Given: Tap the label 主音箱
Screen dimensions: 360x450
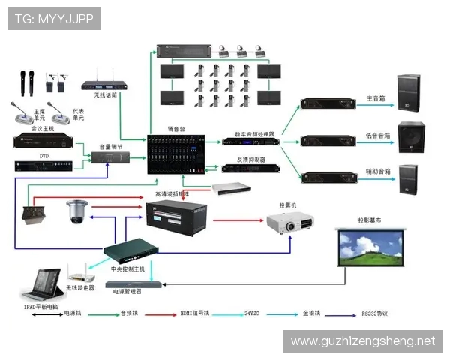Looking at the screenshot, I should click(376, 98).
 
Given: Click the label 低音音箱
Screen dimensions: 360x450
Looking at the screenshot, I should click(377, 136).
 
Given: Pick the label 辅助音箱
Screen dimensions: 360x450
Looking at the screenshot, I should click(378, 172).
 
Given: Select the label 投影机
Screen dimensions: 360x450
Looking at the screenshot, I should click(288, 204).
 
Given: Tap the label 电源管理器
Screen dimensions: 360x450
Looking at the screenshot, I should click(127, 290).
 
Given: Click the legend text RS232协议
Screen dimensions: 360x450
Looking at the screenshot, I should click(375, 313).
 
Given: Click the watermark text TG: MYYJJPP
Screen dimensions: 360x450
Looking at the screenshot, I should click(53, 19).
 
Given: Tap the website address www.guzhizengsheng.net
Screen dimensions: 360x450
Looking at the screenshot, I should click(362, 340).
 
